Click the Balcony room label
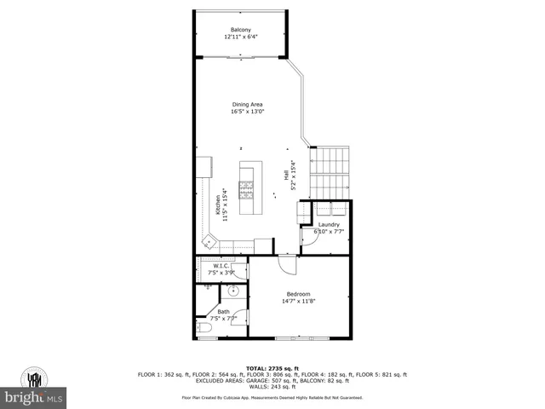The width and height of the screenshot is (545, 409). pos(239,31)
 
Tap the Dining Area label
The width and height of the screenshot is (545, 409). pos(247,105)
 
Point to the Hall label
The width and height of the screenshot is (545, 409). pos(286,174)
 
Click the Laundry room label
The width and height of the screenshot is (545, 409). pos(329,224)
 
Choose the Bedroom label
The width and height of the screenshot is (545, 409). pos(298,295)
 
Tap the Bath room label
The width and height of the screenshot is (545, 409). pos(223,312)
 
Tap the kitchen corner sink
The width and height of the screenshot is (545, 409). pos(207,242)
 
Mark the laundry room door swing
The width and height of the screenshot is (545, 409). pos(308,238)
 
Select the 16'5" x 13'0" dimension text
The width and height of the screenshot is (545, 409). pos(247,112)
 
